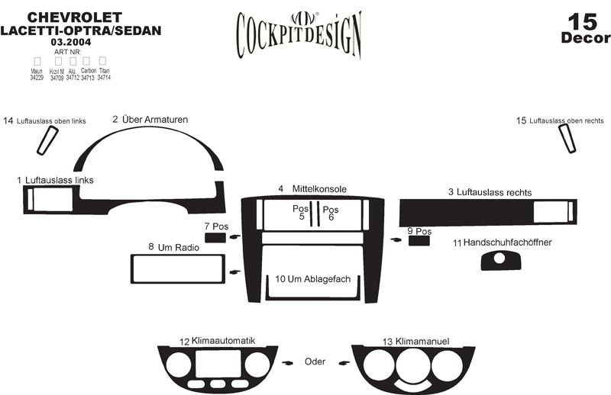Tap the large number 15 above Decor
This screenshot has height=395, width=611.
[x=584, y=21]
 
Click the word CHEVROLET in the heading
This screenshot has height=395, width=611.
[x=65, y=17]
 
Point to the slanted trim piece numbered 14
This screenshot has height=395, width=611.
[x=47, y=140]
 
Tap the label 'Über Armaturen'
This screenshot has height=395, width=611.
[x=155, y=120]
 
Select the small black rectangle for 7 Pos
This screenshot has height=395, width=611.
[x=215, y=238]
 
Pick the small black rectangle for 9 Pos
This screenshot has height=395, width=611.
[x=419, y=241]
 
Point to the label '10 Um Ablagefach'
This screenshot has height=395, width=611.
[x=312, y=279]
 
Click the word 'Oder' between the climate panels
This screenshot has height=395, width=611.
[x=315, y=361]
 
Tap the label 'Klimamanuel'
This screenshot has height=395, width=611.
[x=421, y=341]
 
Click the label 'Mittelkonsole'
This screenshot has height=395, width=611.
[x=319, y=188]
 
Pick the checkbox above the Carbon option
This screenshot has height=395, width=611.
[x=88, y=60]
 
